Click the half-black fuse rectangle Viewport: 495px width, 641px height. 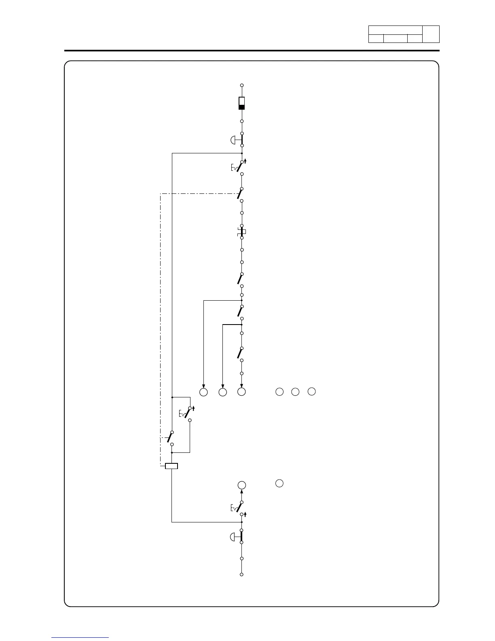point(242,103)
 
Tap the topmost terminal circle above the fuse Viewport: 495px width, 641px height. point(242,85)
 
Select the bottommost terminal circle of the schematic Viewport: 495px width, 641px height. point(242,574)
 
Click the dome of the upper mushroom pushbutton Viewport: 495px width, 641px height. point(233,140)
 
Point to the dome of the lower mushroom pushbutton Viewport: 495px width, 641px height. point(233,537)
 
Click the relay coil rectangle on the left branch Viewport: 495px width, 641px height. point(171,466)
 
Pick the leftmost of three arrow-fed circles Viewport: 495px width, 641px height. point(203,392)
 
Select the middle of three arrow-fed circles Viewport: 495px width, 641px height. point(222,392)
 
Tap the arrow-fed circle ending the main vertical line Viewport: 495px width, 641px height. point(242,392)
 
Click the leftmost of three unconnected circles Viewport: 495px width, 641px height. point(279,391)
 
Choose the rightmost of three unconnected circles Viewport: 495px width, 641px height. point(311,391)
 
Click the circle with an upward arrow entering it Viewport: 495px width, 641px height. point(242,485)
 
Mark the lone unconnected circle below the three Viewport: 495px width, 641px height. point(279,483)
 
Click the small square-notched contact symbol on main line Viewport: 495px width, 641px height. point(242,232)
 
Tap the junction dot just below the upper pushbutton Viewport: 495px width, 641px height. point(242,153)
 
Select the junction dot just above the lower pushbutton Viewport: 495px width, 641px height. point(242,522)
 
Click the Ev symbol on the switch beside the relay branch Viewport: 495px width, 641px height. point(182,414)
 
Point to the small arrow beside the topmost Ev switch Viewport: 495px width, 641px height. point(245,161)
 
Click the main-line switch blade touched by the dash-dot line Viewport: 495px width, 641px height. point(240,195)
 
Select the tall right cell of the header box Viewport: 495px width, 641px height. point(431,34)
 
